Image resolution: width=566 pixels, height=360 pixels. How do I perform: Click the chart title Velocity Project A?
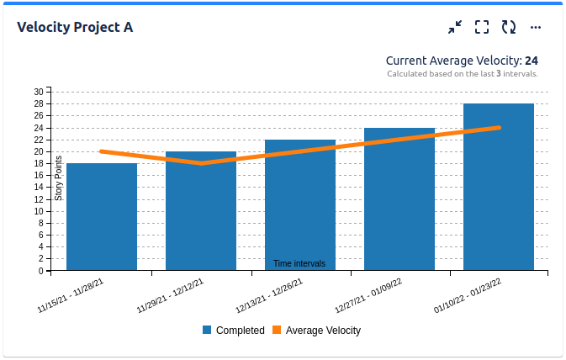coord(75,27)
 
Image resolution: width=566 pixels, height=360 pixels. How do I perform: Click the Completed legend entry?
coord(234,331)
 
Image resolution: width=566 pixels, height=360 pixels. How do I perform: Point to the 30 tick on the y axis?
coord(39,92)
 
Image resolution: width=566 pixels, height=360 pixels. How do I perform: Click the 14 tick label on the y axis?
coord(39,188)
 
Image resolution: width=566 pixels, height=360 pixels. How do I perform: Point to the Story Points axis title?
coord(59,178)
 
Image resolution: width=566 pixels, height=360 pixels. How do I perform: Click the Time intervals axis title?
coord(299,264)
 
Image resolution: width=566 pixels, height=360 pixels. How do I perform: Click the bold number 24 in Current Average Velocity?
coord(532,61)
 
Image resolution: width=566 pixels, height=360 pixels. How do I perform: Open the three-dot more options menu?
coord(536,27)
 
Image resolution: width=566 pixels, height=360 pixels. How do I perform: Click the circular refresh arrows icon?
coord(509,27)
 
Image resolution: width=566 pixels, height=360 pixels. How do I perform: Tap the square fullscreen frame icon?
coord(482,27)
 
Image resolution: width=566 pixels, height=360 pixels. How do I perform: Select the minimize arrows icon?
coord(455,27)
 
